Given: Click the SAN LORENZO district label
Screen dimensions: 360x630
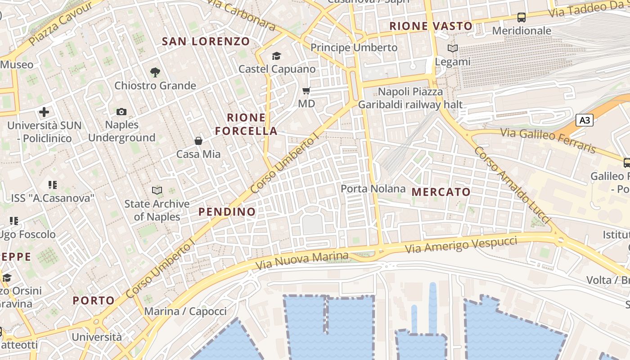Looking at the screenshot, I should click(206, 41).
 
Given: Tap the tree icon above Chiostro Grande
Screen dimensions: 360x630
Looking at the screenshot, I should click(155, 72).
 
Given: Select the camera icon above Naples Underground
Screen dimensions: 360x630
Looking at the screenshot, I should click(121, 112).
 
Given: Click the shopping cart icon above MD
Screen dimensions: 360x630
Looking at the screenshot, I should click(306, 91).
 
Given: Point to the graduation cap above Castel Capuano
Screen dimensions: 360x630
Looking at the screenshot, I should click(276, 56).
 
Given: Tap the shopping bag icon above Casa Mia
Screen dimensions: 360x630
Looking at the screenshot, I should click(198, 141).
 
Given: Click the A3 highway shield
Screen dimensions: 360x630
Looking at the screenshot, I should click(585, 120).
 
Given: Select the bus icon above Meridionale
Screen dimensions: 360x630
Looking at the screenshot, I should click(522, 18).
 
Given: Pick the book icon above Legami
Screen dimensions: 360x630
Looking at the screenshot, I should click(453, 48).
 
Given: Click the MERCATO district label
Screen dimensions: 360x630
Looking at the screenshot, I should click(441, 192).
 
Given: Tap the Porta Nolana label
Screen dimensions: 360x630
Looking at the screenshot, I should click(373, 189).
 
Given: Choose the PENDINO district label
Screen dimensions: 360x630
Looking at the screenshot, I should click(227, 211).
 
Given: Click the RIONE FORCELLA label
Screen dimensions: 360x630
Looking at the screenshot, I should click(246, 125).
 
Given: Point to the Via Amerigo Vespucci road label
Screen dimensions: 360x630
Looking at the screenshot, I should click(461, 245).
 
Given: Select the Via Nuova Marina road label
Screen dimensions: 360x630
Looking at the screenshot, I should click(302, 261).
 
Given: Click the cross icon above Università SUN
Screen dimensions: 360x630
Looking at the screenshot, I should click(44, 112).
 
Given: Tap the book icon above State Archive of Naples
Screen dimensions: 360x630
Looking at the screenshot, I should click(157, 191).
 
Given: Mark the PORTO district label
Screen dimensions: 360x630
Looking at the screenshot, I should click(94, 301).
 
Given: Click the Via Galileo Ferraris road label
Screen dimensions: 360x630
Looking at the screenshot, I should click(548, 139).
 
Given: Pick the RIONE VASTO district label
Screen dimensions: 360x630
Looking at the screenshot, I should click(431, 26).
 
